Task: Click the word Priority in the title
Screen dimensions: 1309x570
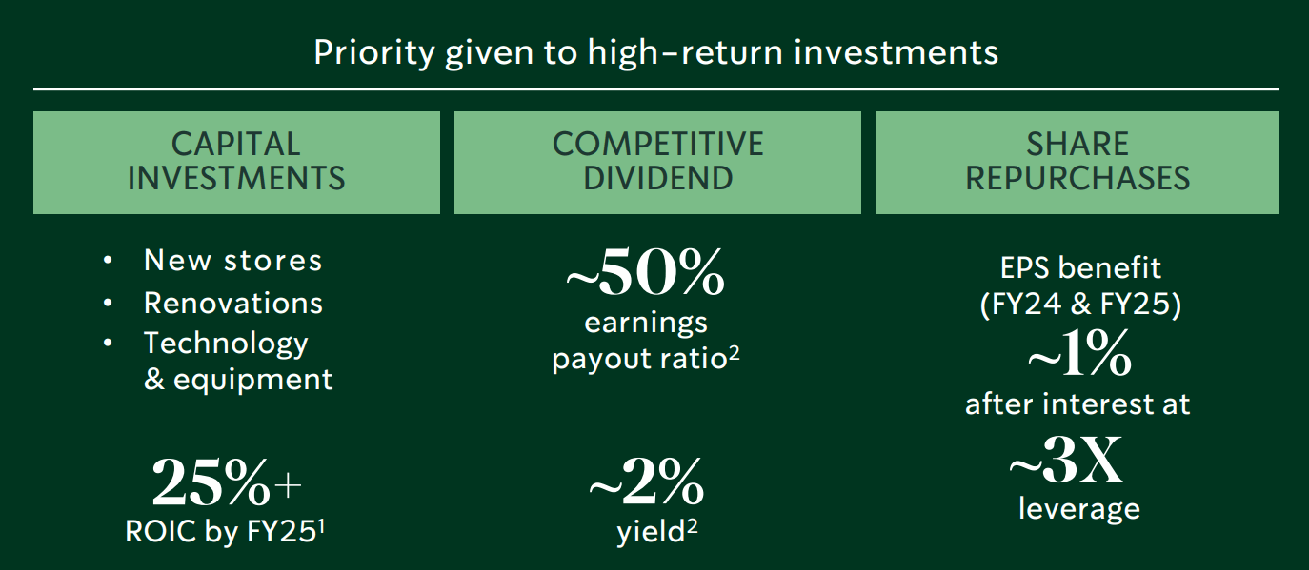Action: point(374,53)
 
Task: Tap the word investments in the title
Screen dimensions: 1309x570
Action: point(896,52)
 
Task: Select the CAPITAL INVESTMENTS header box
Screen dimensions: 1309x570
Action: point(236,162)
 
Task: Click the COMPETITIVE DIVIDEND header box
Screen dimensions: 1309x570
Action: point(657,162)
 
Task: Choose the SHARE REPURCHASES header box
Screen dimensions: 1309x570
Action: point(1077,162)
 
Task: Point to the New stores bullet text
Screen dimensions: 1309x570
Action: point(233,260)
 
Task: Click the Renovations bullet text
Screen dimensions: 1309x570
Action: point(233,303)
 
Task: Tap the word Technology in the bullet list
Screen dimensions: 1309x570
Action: point(226,344)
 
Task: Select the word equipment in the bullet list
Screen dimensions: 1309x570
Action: point(253,381)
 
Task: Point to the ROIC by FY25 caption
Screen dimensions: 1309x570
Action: point(225,531)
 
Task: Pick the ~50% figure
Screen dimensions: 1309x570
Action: point(645,272)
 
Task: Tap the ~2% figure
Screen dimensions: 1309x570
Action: point(646,482)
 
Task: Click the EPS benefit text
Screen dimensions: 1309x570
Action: point(1080,268)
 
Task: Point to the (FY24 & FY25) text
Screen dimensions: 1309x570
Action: point(1080,304)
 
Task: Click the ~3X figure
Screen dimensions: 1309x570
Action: point(1066,461)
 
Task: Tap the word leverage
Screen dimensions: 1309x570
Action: point(1079,509)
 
